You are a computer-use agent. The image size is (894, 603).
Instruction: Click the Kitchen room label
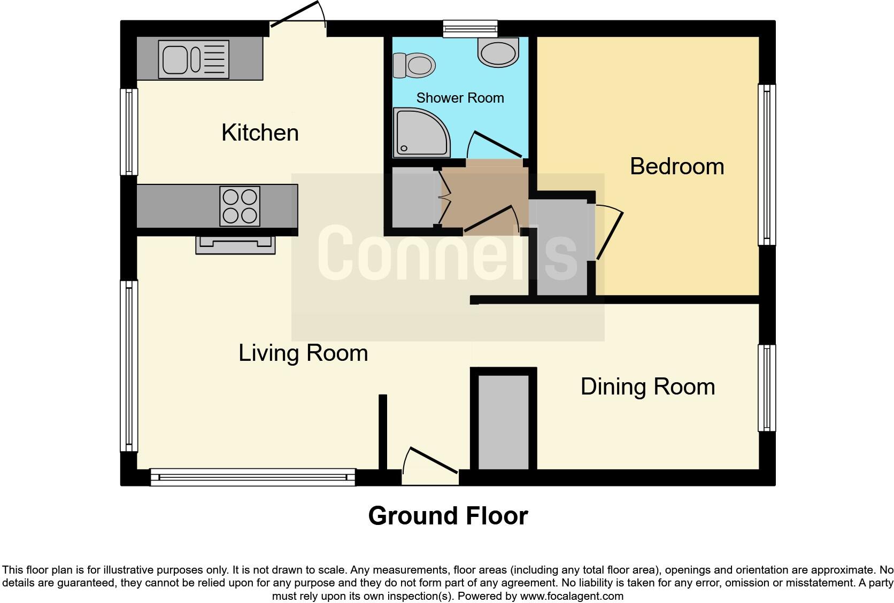pos(260,133)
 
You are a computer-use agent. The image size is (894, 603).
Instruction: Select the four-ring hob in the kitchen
pos(240,206)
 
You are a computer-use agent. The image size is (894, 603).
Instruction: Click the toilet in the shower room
pos(414,66)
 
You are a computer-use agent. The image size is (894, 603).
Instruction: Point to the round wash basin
pos(497,52)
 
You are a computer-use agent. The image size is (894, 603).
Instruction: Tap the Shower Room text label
pos(460,98)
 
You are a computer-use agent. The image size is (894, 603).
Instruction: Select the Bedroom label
pos(676,166)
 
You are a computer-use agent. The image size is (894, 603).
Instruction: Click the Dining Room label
pos(648,386)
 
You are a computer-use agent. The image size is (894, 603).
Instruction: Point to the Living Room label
pos(303,353)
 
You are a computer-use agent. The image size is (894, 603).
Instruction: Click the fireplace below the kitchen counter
pos(235,245)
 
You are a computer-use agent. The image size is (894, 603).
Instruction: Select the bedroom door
pos(609,235)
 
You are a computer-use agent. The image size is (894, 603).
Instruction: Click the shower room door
pos(495,144)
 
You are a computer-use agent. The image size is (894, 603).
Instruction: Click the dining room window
pos(767,388)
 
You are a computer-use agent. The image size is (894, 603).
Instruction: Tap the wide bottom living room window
pos(252,477)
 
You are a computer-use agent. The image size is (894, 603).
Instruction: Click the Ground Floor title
pos(448,516)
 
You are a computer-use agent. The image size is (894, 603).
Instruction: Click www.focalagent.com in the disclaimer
pos(572,596)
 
